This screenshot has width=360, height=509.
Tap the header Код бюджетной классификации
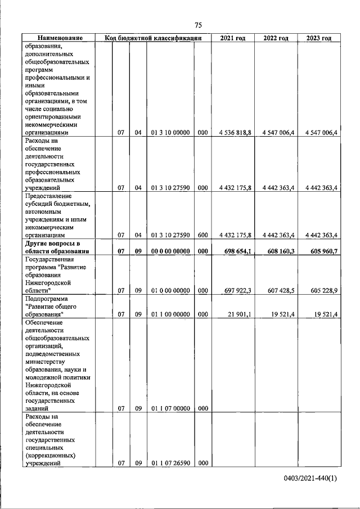pyautogui.click(x=153, y=38)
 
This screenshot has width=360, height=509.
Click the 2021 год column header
pyautogui.click(x=233, y=38)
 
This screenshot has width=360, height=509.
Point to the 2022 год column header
pyautogui.click(x=276, y=38)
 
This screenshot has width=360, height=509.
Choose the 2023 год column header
pyautogui.click(x=319, y=38)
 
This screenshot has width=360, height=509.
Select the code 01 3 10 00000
pyautogui.click(x=170, y=133)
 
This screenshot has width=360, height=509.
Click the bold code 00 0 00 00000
pyautogui.click(x=170, y=251)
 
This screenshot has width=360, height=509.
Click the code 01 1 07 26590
pyautogui.click(x=170, y=463)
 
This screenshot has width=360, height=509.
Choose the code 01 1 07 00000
pyautogui.click(x=170, y=408)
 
